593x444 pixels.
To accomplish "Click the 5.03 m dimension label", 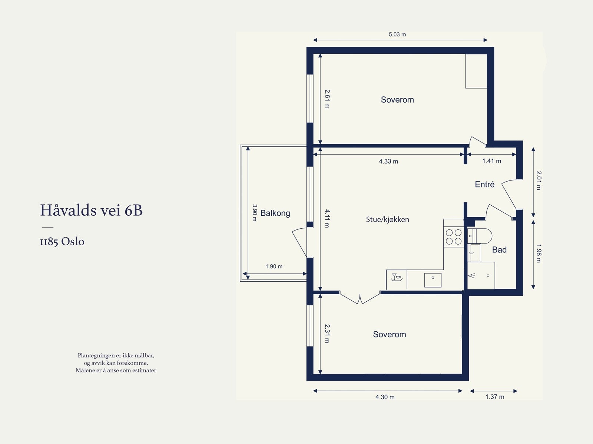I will [x=397, y=34].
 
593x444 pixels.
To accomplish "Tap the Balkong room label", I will [x=275, y=213].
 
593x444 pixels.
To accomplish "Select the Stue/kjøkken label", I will [x=387, y=219].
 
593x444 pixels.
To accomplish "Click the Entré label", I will [x=484, y=185].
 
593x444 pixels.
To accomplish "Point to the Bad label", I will [x=499, y=250].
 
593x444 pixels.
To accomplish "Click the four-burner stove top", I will [x=454, y=237].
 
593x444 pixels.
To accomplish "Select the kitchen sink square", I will [x=433, y=280].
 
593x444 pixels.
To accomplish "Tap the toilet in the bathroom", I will [x=482, y=236].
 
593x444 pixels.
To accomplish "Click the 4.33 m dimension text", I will [x=388, y=161].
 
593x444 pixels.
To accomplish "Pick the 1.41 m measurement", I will [x=491, y=161].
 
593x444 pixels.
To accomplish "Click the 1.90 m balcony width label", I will [x=274, y=266].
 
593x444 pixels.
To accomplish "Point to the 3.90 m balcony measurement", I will [x=254, y=212].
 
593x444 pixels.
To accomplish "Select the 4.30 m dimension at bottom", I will [x=385, y=397].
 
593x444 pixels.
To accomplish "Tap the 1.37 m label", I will [x=494, y=397].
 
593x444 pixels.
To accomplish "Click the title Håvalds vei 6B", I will [x=91, y=210].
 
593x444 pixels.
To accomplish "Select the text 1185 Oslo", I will [x=62, y=242].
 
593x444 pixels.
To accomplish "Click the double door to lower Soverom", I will [x=360, y=298].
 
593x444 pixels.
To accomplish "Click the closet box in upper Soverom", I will [x=476, y=71].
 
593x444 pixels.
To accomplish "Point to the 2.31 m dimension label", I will [x=327, y=334].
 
